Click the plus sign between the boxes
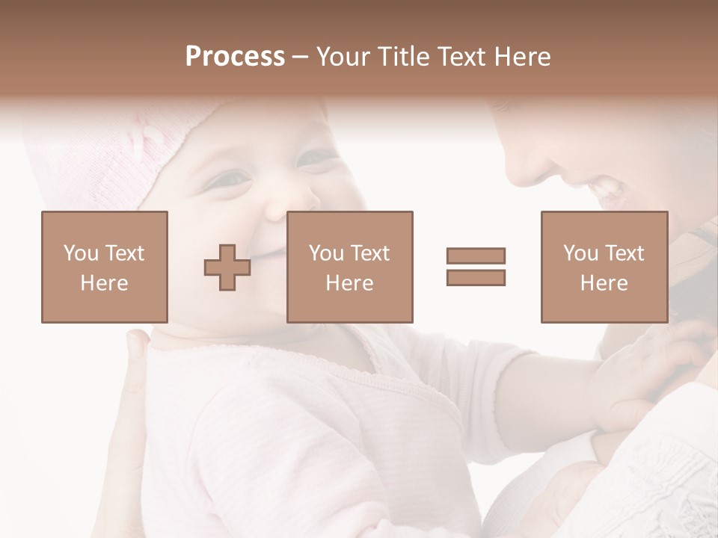tap(227, 268)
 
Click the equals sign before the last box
tap(476, 266)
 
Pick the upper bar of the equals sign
tap(476, 256)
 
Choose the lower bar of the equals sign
tap(476, 277)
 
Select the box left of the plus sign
tap(105, 267)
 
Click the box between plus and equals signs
tap(350, 267)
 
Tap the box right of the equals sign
tap(604, 267)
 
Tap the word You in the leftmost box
tap(81, 253)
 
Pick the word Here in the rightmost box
tap(604, 283)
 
